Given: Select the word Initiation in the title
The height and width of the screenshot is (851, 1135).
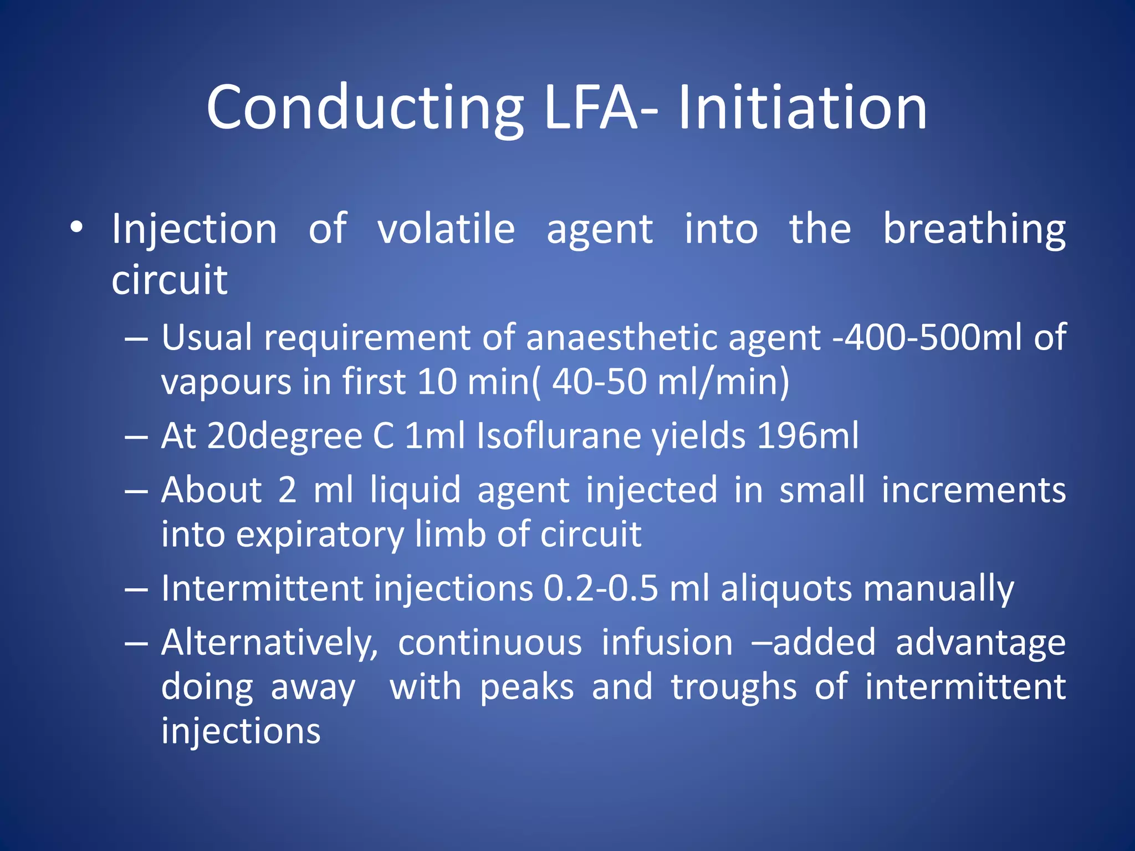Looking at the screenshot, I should click(x=802, y=108).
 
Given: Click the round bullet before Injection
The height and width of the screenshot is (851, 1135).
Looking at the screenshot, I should click(x=76, y=228).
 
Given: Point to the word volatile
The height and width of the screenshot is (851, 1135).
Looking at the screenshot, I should click(x=446, y=229).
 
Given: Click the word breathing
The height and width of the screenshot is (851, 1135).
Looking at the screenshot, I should click(x=974, y=230).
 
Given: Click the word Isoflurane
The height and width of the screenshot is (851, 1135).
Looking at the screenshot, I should click(x=559, y=435).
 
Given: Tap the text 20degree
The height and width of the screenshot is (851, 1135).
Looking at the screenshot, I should click(x=285, y=437).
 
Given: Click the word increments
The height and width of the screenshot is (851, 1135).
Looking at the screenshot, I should click(x=973, y=490).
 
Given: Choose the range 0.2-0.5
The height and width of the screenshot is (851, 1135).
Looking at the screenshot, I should click(x=600, y=588).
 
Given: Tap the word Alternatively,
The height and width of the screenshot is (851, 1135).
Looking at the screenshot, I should click(x=269, y=643).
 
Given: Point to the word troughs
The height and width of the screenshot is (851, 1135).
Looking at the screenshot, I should click(x=734, y=688).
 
